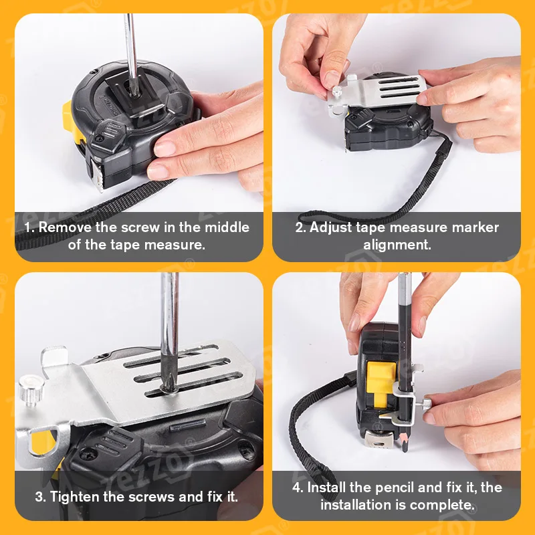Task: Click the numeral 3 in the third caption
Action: pyautogui.click(x=38, y=497)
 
